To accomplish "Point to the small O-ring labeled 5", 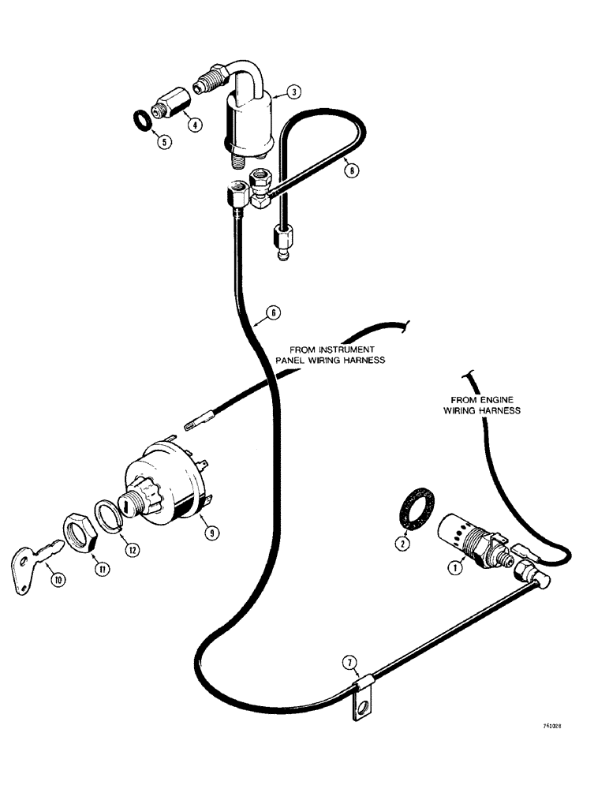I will coord(141,122).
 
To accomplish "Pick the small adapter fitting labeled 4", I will coord(169,107).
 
